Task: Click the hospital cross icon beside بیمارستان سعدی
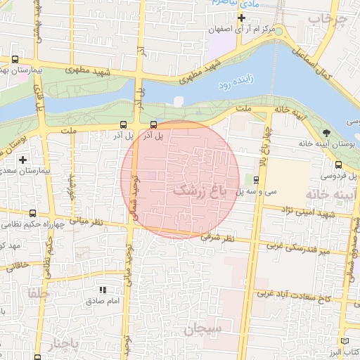(23, 160)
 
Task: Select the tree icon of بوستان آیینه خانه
(326, 133)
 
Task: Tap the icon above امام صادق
(103, 289)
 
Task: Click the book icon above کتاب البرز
(345, 340)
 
